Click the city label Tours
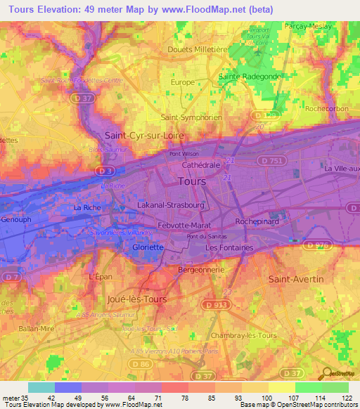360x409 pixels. pyautogui.click(x=193, y=181)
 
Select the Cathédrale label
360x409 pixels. pyautogui.click(x=201, y=164)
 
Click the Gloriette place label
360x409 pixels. pyautogui.click(x=148, y=247)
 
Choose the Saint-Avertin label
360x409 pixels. pyautogui.click(x=296, y=279)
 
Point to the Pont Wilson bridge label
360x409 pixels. pyautogui.click(x=184, y=154)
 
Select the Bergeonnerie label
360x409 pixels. pyautogui.click(x=201, y=269)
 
